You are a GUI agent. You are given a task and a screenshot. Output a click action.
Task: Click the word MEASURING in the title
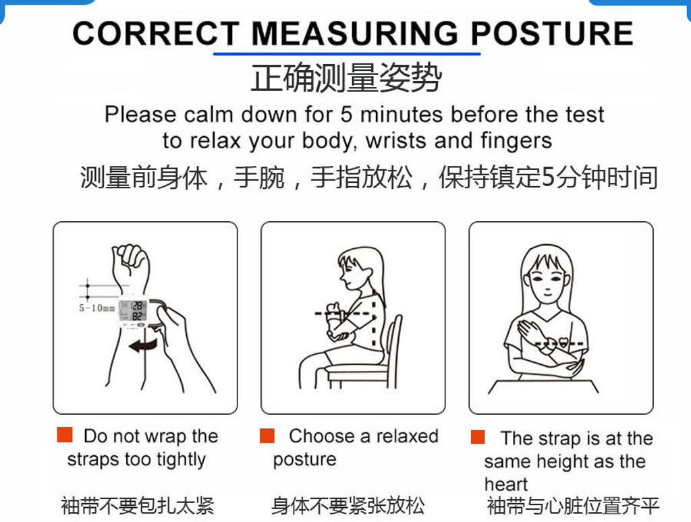coord(355,34)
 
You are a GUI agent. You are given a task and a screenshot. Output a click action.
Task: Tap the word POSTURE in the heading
coord(552,34)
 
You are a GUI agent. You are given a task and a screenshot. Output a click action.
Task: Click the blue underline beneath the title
coord(347,54)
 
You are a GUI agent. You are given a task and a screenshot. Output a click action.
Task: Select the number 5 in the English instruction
coord(346,115)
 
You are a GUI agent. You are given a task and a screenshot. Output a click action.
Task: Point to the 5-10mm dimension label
coord(97,308)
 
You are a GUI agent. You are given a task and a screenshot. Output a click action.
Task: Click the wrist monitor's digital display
coord(133,310)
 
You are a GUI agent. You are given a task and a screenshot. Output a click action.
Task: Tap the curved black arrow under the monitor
coord(143,346)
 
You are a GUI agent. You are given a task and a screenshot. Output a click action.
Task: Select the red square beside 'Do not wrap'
coord(65,434)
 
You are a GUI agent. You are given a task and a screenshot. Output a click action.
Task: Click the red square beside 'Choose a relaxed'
coord(267,436)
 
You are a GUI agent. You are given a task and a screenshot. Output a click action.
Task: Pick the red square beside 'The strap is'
coord(478,437)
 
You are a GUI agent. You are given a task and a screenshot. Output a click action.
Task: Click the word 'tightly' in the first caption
coord(181,459)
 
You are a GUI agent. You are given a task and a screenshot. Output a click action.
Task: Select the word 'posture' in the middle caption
coord(304,459)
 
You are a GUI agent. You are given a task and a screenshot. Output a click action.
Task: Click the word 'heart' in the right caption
coord(506,484)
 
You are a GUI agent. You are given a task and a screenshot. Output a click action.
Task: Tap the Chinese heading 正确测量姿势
coord(346,78)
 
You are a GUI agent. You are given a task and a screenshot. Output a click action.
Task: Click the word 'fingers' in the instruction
coord(516,141)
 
